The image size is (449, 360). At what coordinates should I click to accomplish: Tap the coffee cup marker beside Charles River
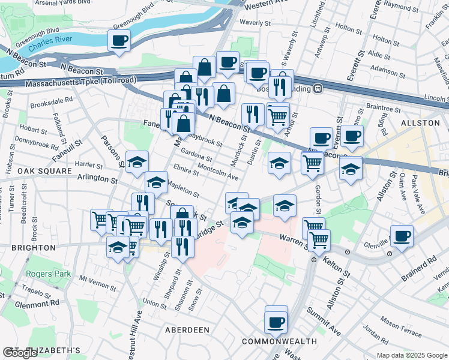119,41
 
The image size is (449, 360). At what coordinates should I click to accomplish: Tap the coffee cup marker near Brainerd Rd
401,235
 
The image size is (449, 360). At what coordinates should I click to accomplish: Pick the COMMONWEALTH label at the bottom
279,341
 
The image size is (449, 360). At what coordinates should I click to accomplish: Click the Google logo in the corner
20,353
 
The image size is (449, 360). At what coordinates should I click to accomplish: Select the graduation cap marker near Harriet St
137,161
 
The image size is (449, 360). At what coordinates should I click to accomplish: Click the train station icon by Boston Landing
319,89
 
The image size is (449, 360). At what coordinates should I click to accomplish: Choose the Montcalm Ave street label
217,172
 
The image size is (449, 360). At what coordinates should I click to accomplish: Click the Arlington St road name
97,178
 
